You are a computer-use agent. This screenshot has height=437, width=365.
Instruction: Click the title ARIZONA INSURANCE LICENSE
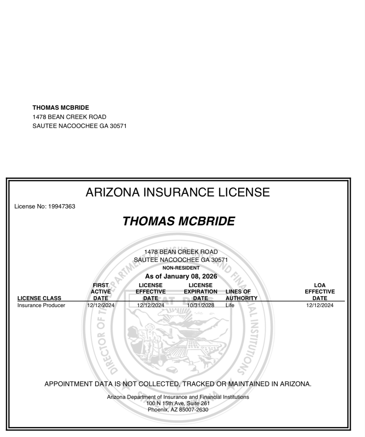click(178, 192)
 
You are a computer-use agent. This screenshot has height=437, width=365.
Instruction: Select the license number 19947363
click(61, 206)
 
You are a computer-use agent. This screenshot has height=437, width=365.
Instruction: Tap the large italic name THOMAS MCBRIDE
click(179, 221)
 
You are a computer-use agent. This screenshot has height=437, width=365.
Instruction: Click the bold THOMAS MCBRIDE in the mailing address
click(61, 108)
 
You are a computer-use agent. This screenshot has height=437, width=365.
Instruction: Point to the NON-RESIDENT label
click(181, 268)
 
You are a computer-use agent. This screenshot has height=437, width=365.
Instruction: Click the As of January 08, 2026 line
click(181, 276)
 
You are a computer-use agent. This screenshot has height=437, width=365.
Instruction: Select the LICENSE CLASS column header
click(39, 298)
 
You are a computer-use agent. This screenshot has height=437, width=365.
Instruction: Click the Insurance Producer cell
click(41, 305)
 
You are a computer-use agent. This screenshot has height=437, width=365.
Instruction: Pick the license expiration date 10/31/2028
click(200, 305)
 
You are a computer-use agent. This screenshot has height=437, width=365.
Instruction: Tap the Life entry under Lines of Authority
click(230, 305)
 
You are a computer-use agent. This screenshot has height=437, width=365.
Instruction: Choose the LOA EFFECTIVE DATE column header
click(319, 291)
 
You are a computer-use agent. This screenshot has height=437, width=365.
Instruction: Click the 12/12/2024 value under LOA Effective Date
click(319, 305)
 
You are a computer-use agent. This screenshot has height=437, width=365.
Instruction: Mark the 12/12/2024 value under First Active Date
click(100, 305)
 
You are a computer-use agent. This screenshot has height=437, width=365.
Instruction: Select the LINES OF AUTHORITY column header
click(241, 295)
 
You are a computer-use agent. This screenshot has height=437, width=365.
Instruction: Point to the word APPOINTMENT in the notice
click(68, 384)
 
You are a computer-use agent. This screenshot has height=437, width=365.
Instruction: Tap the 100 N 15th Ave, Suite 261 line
click(178, 403)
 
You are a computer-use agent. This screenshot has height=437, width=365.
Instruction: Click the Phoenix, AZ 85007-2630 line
click(178, 410)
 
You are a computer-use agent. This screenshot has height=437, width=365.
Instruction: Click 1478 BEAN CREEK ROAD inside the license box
click(181, 252)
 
